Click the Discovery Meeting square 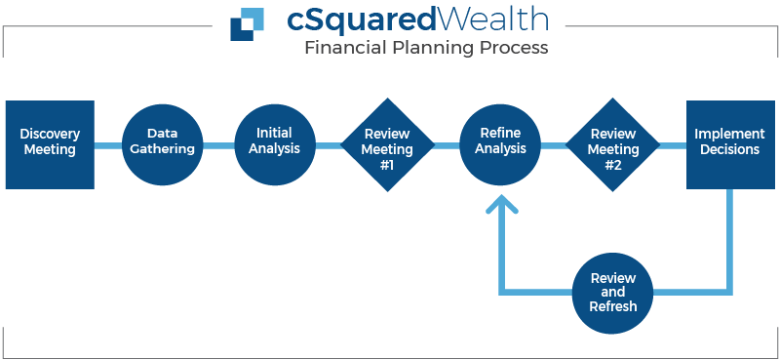click(x=50, y=144)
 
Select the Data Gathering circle click(x=162, y=144)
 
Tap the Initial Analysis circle click(x=274, y=144)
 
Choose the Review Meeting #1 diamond click(x=387, y=144)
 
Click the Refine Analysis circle click(x=501, y=144)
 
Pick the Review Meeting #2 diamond click(x=613, y=144)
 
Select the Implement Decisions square click(x=727, y=144)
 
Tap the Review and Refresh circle click(x=613, y=292)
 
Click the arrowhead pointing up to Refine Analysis click(x=501, y=206)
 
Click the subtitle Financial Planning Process click(x=426, y=47)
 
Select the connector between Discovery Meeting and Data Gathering click(x=108, y=145)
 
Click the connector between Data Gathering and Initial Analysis click(x=218, y=145)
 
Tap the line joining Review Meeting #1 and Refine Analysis click(x=447, y=145)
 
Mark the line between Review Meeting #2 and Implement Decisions click(x=673, y=145)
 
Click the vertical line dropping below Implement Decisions click(x=728, y=239)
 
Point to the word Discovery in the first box click(x=50, y=134)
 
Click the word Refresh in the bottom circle click(x=613, y=305)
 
